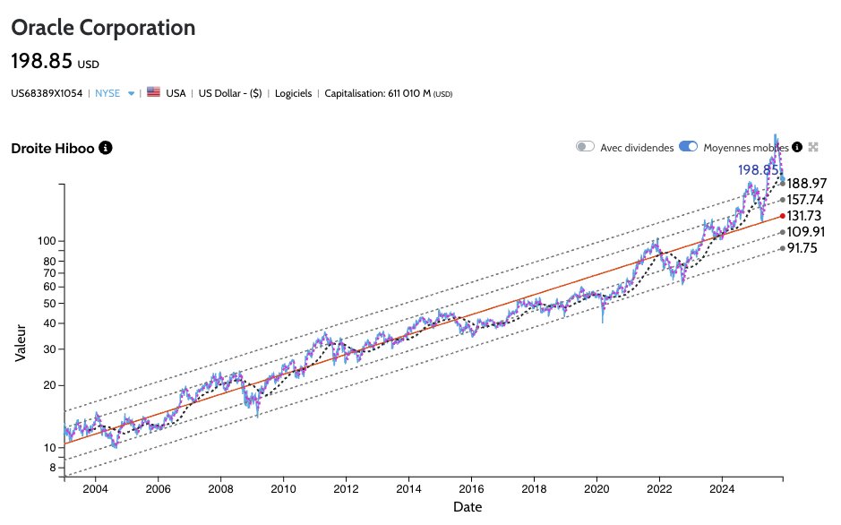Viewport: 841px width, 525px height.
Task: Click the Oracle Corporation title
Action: [102, 28]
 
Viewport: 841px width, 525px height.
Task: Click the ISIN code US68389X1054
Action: [46, 93]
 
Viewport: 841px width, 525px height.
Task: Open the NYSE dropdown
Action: [131, 93]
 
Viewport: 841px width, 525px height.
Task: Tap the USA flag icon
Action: [153, 92]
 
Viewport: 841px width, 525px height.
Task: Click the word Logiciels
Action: [294, 93]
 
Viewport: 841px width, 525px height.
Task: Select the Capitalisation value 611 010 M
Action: [408, 93]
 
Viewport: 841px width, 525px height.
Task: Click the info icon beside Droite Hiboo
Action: [105, 147]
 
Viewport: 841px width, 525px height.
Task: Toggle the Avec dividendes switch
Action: [586, 147]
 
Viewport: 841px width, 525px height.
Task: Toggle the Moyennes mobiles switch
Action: [688, 147]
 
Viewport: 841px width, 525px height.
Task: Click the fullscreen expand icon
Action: [813, 147]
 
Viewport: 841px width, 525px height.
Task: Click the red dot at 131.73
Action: [783, 216]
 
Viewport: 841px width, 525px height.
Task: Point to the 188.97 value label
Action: [806, 184]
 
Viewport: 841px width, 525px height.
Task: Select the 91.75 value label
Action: [802, 249]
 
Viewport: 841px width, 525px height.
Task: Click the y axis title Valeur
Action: [21, 342]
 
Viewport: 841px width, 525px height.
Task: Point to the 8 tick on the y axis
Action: [51, 468]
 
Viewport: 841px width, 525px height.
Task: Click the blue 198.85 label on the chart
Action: [756, 169]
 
